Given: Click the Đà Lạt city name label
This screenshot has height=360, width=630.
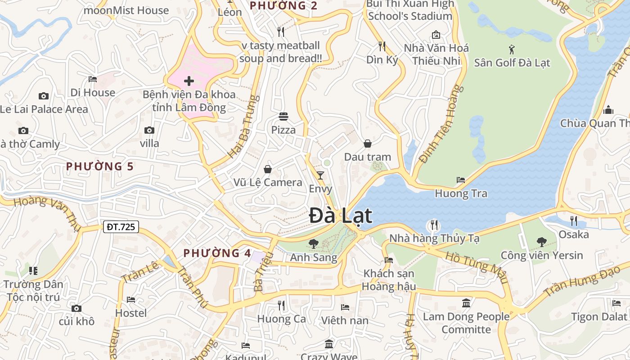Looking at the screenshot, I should click(x=341, y=216).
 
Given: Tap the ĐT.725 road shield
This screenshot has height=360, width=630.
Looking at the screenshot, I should click(x=121, y=227).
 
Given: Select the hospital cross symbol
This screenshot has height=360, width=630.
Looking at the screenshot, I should click(x=189, y=81).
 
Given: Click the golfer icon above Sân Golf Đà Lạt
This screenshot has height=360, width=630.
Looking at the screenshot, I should click(x=512, y=49).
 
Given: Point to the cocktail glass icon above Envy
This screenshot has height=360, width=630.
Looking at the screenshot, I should click(x=320, y=175).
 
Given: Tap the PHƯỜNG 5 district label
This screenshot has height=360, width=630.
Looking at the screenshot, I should click(x=99, y=166).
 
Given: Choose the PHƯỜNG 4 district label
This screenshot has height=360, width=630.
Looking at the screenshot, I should click(x=217, y=253).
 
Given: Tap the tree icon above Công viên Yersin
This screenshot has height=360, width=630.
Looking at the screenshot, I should click(x=542, y=242).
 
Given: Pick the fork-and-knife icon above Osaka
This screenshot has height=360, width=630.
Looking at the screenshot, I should click(x=573, y=220).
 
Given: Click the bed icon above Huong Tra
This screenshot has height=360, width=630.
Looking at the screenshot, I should click(x=461, y=180).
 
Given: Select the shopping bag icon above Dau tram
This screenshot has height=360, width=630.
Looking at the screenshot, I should click(x=368, y=144).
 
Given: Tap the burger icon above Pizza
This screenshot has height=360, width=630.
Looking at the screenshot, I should click(x=283, y=117).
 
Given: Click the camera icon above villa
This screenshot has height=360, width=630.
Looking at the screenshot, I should click(x=149, y=130).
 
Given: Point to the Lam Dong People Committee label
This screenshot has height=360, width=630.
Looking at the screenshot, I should click(x=466, y=323).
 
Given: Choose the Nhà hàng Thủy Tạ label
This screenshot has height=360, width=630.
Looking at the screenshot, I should click(x=434, y=238).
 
